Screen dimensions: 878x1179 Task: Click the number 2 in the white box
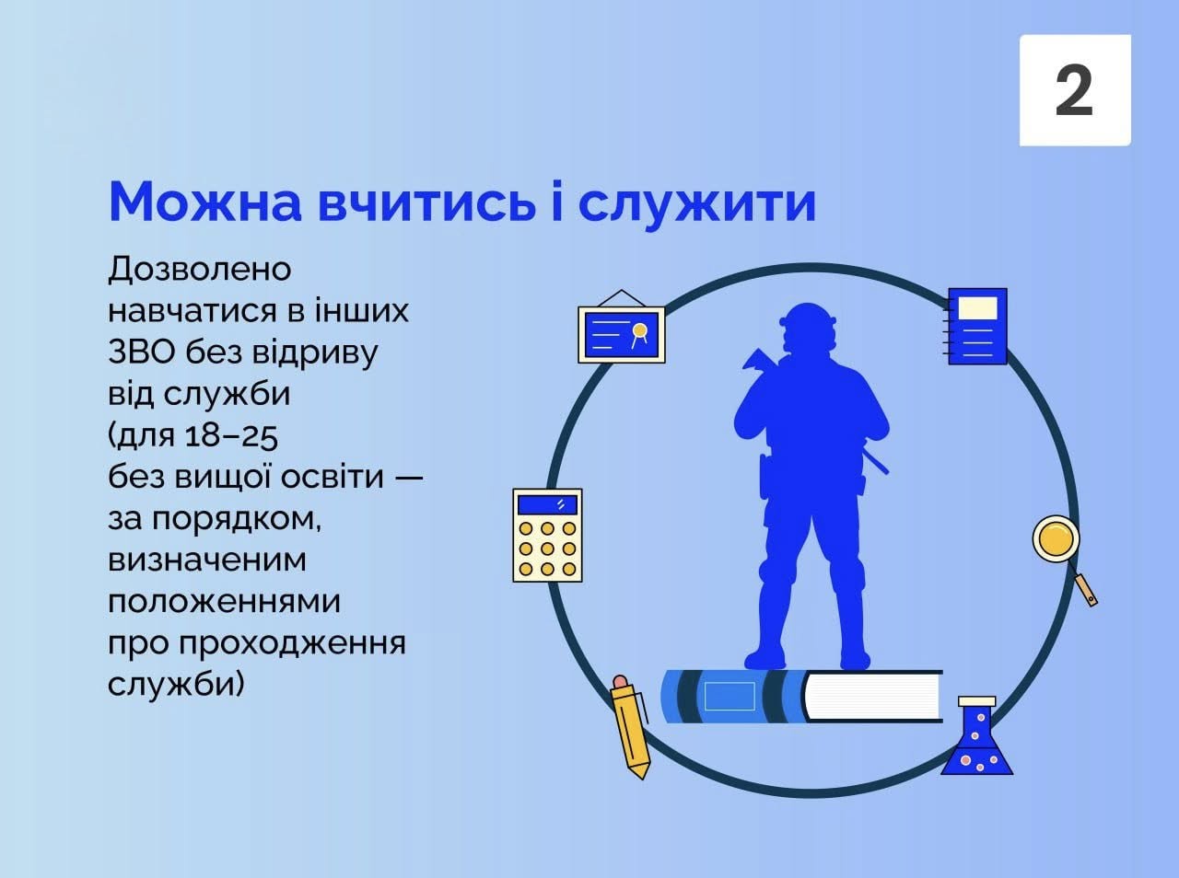point(1074,90)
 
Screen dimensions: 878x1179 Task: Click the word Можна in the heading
point(204,202)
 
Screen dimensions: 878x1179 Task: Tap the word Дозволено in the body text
point(200,270)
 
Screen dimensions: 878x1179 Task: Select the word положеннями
point(224,602)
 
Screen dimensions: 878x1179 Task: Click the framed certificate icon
point(621,330)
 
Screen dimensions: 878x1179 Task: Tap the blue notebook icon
point(977,327)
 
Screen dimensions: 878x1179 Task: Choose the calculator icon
point(547,535)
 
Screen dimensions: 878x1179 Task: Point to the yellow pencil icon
point(630,727)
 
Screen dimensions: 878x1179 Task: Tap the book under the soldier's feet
point(801,697)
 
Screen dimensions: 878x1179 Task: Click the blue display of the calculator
point(547,504)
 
